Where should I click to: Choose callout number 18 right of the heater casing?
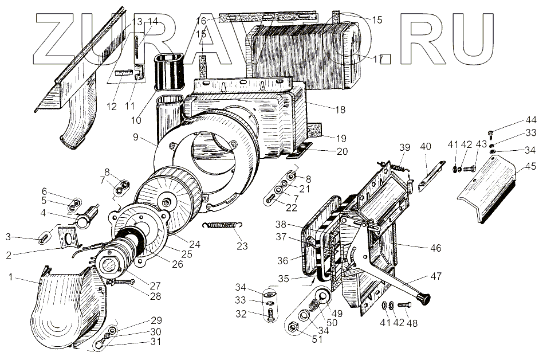pyautogui.click(x=340, y=109)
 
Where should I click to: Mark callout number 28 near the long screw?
pyautogui.click(x=155, y=296)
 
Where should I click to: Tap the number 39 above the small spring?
pyautogui.click(x=404, y=148)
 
